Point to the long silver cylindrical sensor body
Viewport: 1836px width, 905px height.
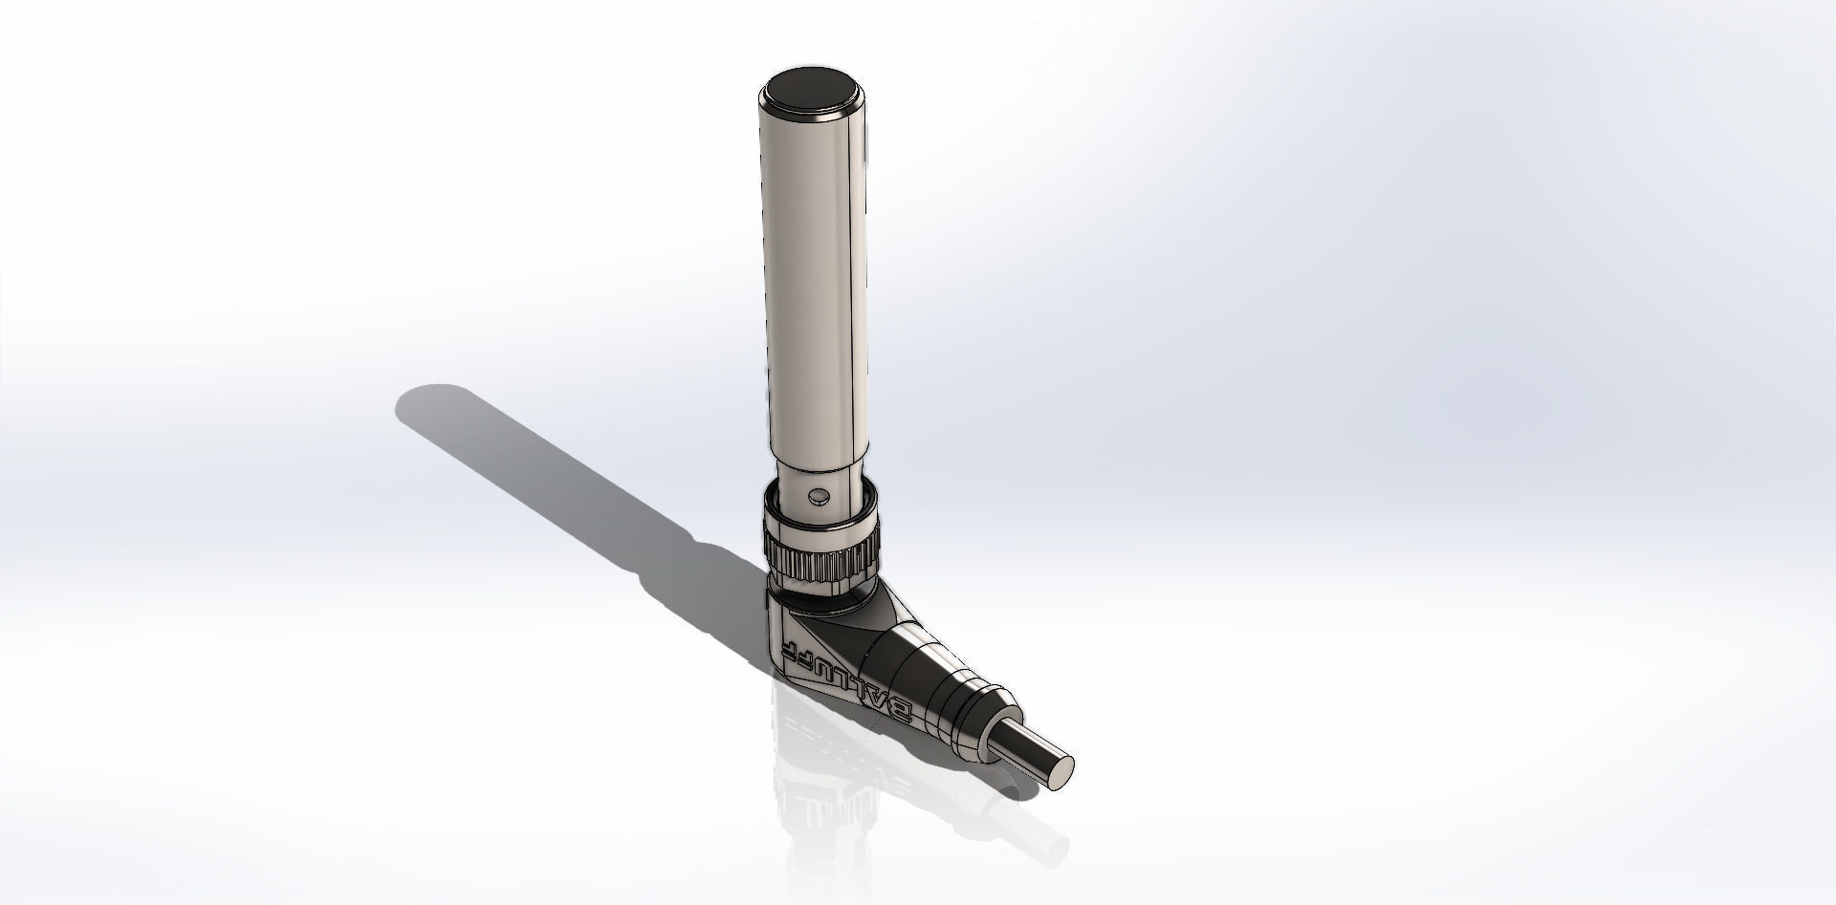click(x=816, y=287)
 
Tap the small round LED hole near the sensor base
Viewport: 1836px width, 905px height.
click(x=817, y=496)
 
